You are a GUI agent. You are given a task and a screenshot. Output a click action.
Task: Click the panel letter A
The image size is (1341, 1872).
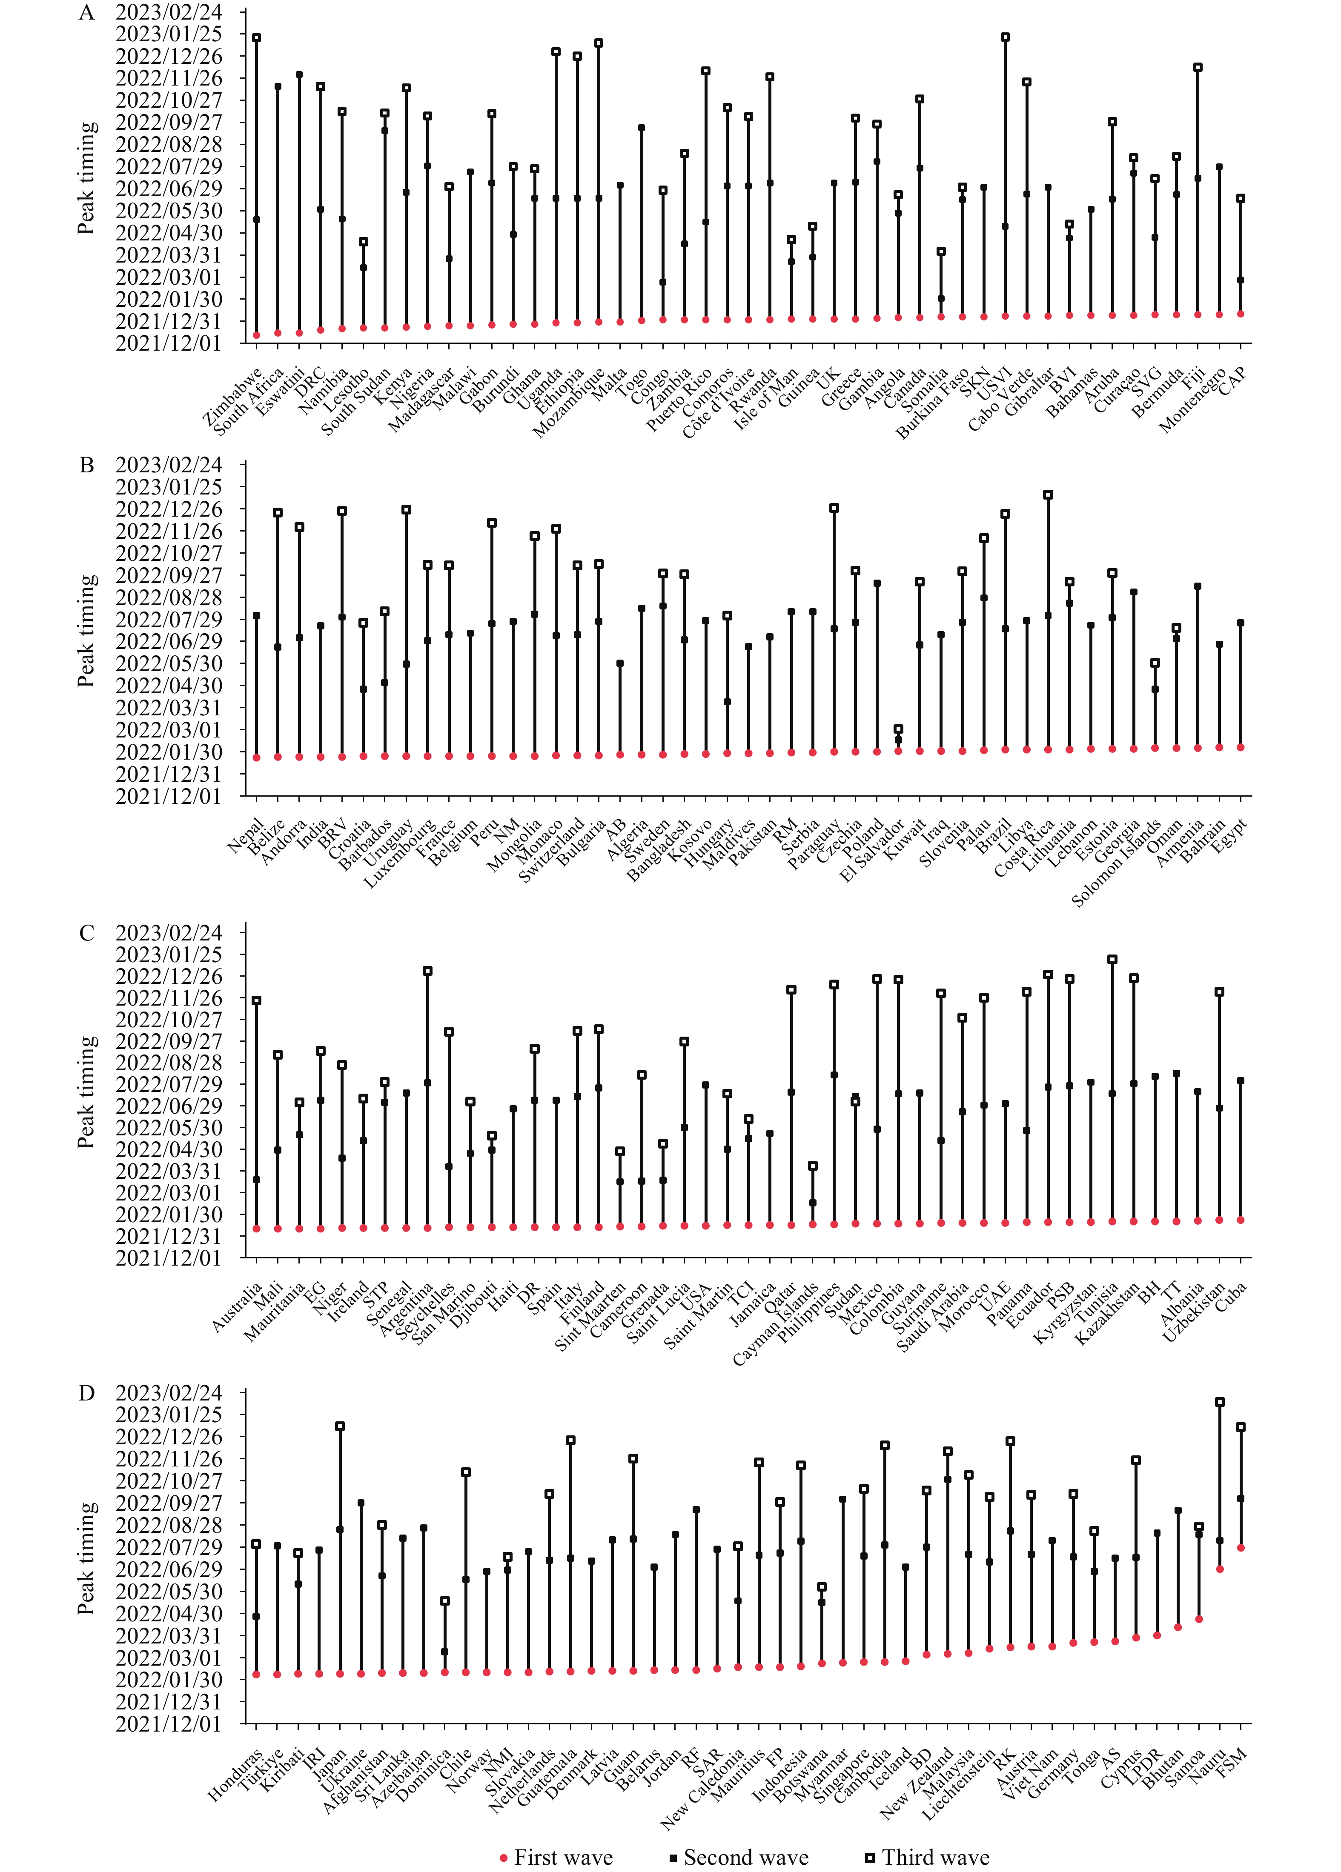(87, 12)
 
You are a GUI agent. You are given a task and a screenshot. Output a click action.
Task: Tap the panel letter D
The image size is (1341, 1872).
(87, 1393)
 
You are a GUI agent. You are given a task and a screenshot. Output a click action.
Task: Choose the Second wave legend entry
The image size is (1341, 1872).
(739, 1857)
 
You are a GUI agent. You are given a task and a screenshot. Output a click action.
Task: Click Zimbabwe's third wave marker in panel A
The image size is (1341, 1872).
(257, 38)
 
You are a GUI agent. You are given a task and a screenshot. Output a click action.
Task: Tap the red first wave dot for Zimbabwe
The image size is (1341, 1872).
(257, 335)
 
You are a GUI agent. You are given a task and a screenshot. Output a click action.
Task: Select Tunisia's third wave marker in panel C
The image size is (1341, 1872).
(1112, 960)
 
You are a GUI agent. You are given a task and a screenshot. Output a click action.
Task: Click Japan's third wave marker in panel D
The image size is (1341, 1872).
(340, 1426)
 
